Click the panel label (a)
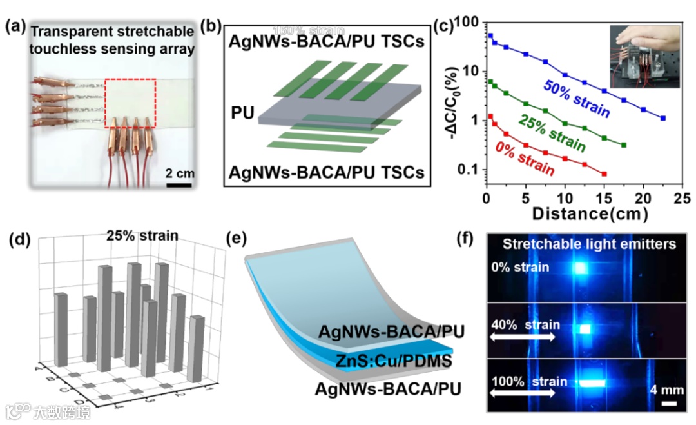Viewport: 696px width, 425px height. [x=16, y=28]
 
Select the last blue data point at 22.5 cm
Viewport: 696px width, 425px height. [x=663, y=119]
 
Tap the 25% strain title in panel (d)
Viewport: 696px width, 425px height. [x=142, y=235]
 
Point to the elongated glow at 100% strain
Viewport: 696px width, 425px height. [x=591, y=383]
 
